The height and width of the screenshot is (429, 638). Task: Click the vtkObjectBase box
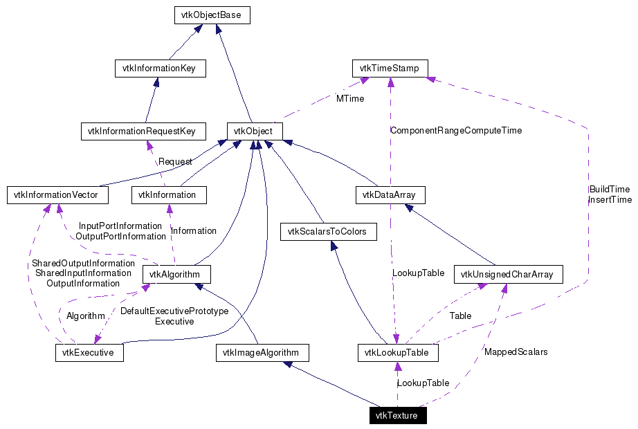click(x=210, y=15)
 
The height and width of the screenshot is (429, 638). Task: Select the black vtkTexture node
click(x=397, y=416)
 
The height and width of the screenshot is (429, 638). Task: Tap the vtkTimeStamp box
click(x=390, y=69)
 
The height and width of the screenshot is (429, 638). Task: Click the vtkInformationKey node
click(x=160, y=69)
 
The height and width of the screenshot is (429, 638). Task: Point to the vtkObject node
click(x=254, y=131)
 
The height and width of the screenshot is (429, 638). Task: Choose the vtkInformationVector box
click(x=57, y=195)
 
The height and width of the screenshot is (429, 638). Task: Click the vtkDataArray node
click(x=390, y=195)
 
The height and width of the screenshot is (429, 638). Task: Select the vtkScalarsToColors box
click(x=329, y=231)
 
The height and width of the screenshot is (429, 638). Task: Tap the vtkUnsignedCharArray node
click(x=508, y=275)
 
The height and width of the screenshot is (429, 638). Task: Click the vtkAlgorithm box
click(x=176, y=275)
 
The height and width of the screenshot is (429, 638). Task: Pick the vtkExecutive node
click(x=89, y=353)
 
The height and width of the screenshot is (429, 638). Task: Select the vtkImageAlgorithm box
click(x=262, y=353)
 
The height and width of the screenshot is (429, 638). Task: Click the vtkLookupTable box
click(x=397, y=353)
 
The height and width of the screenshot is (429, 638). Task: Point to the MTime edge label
click(x=350, y=99)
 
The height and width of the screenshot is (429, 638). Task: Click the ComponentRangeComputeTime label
click(x=456, y=130)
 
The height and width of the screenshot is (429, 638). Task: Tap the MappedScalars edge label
click(x=516, y=352)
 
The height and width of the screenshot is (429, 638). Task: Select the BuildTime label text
click(x=609, y=189)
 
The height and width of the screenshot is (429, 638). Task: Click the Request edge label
click(x=175, y=161)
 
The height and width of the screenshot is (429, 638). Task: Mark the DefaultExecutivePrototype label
click(x=174, y=311)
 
